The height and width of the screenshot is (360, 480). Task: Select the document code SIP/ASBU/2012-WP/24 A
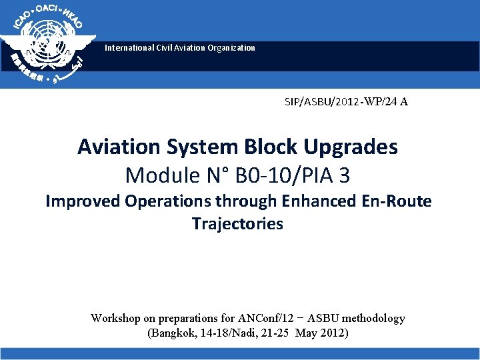click(x=346, y=102)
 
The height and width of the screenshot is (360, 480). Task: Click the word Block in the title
click(x=273, y=147)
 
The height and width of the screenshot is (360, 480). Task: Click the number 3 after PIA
click(x=344, y=175)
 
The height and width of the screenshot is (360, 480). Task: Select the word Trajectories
click(x=237, y=224)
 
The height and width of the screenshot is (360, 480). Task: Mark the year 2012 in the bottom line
click(x=331, y=333)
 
